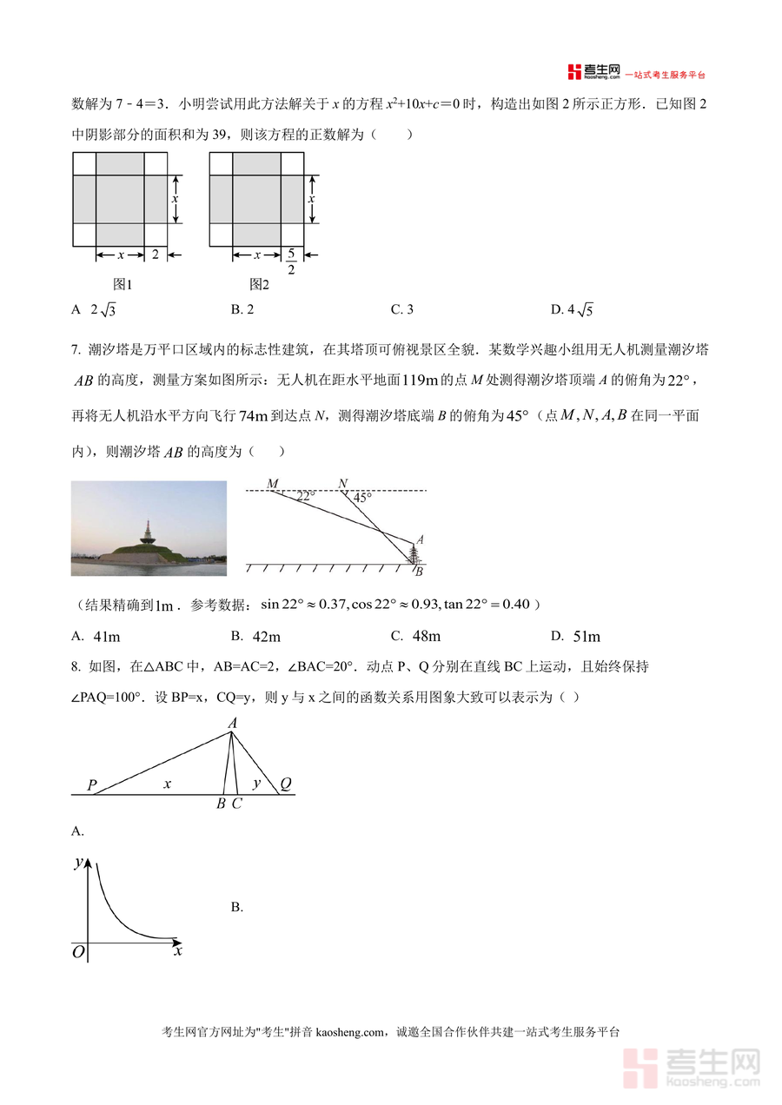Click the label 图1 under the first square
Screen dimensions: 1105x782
point(122,284)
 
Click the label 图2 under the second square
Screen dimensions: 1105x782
point(259,284)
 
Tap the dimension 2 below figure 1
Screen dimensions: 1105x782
point(156,255)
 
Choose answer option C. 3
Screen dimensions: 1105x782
point(401,309)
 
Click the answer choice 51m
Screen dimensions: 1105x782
point(586,637)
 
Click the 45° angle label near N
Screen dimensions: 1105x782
point(361,498)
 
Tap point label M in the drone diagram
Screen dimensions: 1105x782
point(273,483)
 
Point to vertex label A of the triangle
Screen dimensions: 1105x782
point(232,723)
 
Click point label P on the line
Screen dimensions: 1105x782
point(91,785)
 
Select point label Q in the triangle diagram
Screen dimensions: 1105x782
point(285,784)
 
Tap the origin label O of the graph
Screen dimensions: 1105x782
point(78,953)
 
